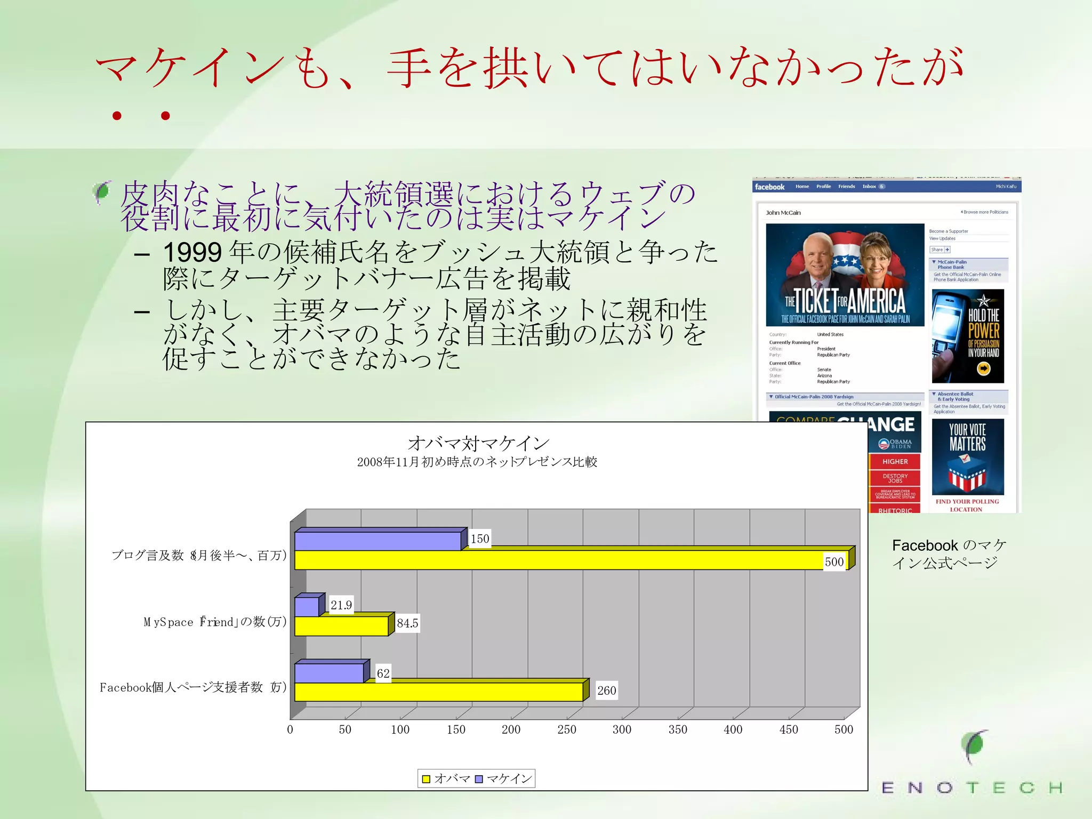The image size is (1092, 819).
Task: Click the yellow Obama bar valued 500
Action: [x=571, y=560]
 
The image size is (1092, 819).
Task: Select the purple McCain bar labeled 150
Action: [x=378, y=541]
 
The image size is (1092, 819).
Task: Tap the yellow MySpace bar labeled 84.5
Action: [x=341, y=625]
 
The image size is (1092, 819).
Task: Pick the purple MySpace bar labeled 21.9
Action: [x=307, y=607]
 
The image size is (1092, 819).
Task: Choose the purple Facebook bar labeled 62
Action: [x=329, y=673]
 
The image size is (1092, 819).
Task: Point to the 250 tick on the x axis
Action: [x=566, y=729]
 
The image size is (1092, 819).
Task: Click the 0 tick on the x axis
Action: [x=290, y=729]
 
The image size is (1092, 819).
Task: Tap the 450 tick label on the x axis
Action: [x=788, y=729]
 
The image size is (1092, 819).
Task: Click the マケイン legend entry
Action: [x=503, y=778]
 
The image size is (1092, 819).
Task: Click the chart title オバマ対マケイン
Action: [x=478, y=443]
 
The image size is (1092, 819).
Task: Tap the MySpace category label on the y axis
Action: [x=215, y=622]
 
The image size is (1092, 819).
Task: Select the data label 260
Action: [x=606, y=690]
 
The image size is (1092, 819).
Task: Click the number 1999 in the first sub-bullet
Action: [x=192, y=252]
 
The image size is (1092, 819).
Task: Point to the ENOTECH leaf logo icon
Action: [x=975, y=746]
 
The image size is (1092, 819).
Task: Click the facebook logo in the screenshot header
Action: [x=769, y=187]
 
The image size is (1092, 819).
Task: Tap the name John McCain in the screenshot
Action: [x=783, y=213]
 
